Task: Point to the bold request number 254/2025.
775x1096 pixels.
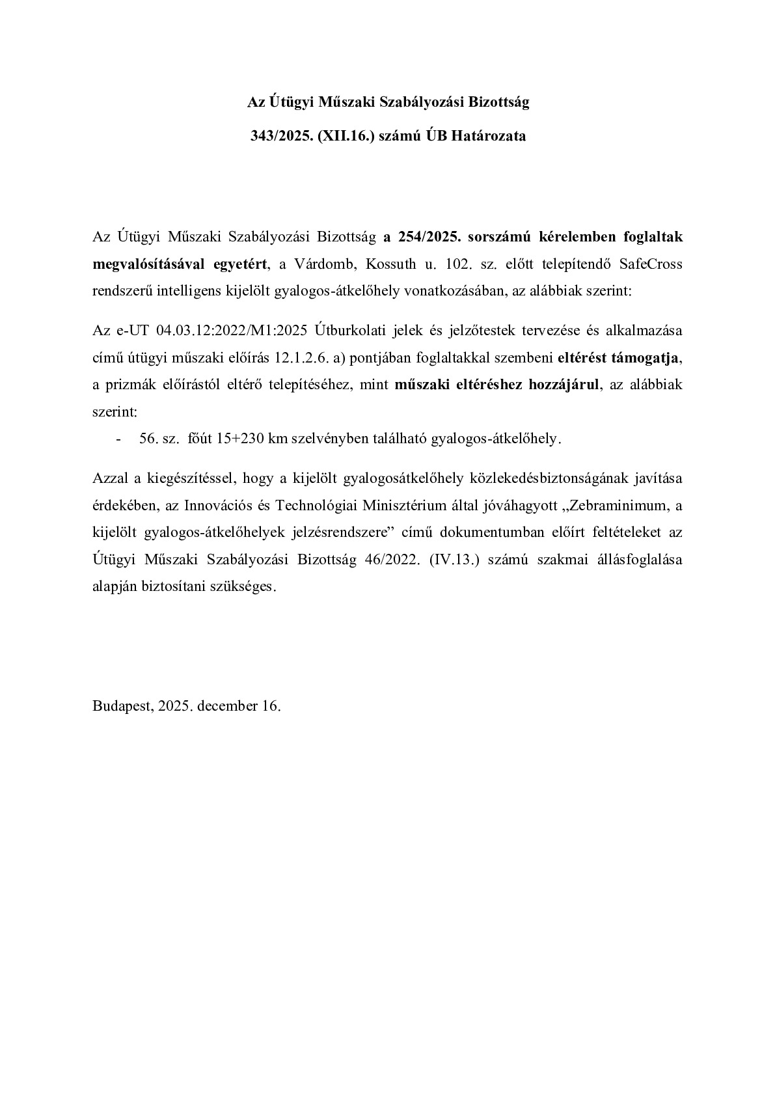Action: (428, 237)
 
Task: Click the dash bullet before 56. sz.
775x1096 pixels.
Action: (118, 439)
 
